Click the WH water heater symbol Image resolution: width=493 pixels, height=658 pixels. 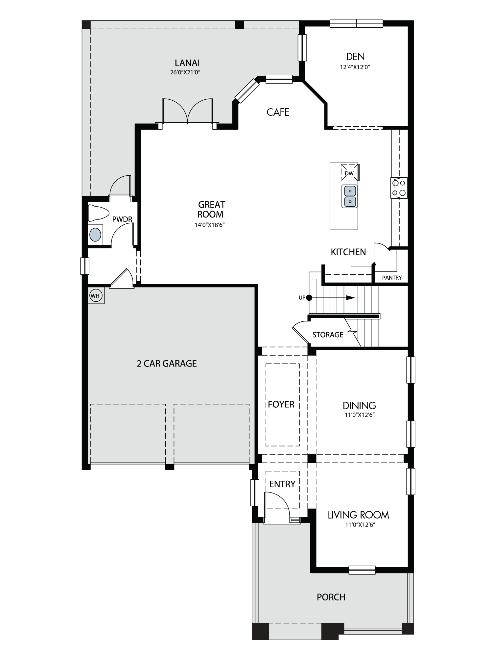(x=95, y=296)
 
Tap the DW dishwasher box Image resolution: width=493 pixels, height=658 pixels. (x=349, y=172)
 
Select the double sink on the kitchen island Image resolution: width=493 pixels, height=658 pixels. (x=350, y=196)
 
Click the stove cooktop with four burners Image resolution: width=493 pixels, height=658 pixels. (x=399, y=188)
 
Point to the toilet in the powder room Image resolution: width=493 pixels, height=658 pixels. (x=98, y=213)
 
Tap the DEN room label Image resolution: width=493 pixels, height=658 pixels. (x=355, y=57)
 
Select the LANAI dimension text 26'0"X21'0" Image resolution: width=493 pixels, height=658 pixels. (x=185, y=72)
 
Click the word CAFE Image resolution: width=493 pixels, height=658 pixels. (x=278, y=112)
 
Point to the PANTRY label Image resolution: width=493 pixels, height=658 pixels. (x=392, y=278)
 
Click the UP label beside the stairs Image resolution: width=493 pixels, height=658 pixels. (x=302, y=298)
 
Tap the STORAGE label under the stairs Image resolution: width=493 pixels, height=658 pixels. (x=328, y=335)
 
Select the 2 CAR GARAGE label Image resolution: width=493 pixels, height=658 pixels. (x=167, y=364)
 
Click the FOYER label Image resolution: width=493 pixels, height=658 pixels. (x=281, y=404)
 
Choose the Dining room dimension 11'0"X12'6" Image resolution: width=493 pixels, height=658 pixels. (x=360, y=415)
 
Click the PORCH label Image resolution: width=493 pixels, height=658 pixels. (x=331, y=597)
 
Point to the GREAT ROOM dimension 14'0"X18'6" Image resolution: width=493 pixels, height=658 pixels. (x=210, y=225)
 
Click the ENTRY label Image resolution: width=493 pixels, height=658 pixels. (x=282, y=484)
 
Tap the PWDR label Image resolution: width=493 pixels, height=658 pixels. (x=122, y=219)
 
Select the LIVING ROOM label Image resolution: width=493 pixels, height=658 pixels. (x=358, y=515)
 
